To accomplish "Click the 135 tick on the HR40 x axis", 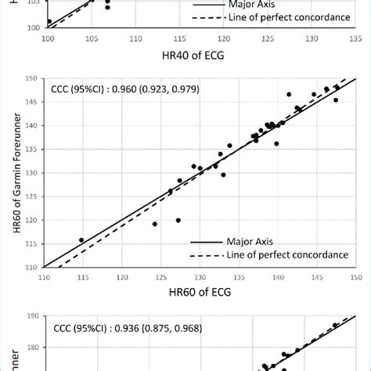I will [x=355, y=36].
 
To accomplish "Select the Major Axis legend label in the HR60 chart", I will [x=250, y=242].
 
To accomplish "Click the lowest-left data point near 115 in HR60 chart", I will [x=81, y=240].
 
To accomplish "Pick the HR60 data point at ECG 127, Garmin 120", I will [x=178, y=220].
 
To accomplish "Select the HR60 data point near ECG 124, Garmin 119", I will [x=155, y=224].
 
